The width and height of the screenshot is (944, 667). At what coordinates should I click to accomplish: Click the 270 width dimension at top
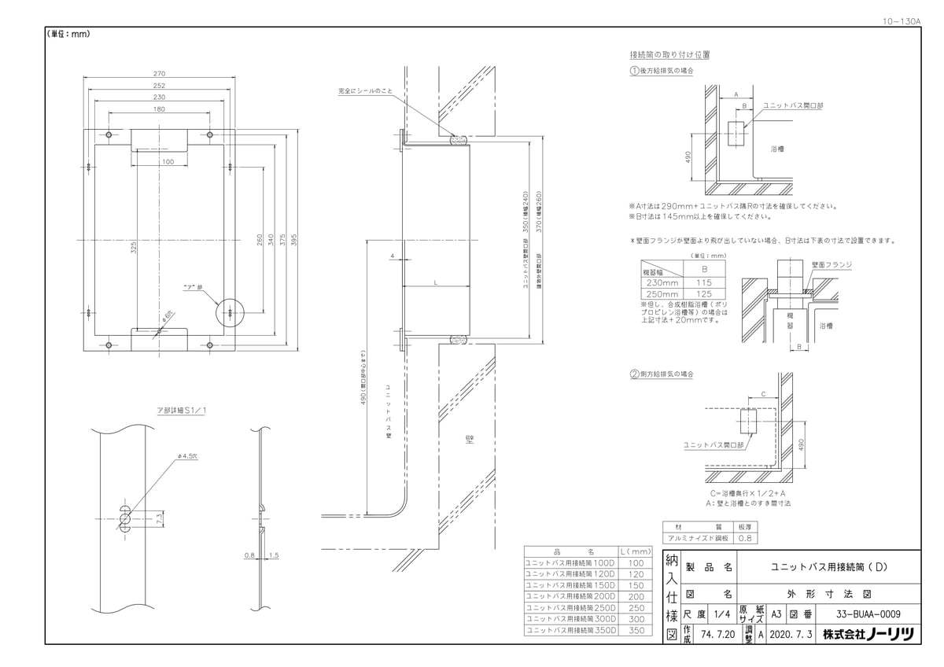click(159, 74)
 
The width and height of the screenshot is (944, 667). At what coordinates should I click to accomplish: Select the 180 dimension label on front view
click(159, 109)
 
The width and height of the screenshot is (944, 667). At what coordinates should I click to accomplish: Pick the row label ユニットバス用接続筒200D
click(571, 597)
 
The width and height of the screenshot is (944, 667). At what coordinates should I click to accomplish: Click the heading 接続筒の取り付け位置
click(670, 55)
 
